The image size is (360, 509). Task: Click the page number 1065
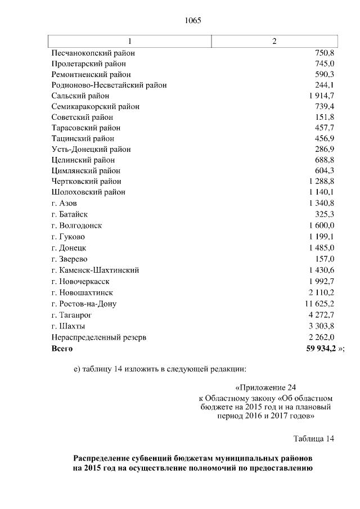tap(192, 21)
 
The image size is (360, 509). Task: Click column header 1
tap(130, 42)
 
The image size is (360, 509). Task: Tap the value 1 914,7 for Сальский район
tap(322, 96)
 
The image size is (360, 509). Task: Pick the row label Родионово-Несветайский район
tap(109, 85)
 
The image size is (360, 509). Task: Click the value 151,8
tap(325, 117)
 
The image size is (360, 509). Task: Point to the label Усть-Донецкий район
tap(91, 149)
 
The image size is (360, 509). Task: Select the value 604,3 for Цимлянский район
tap(325, 170)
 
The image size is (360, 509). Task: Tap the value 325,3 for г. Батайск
tap(325, 214)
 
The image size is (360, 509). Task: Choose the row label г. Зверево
tap(68, 259)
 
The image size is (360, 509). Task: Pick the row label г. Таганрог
tap(71, 315)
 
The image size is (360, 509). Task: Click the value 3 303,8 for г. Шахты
tap(322, 326)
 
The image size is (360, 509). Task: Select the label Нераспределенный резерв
tap(99, 337)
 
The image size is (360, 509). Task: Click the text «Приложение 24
tap(264, 388)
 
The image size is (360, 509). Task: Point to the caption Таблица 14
tap(314, 439)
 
